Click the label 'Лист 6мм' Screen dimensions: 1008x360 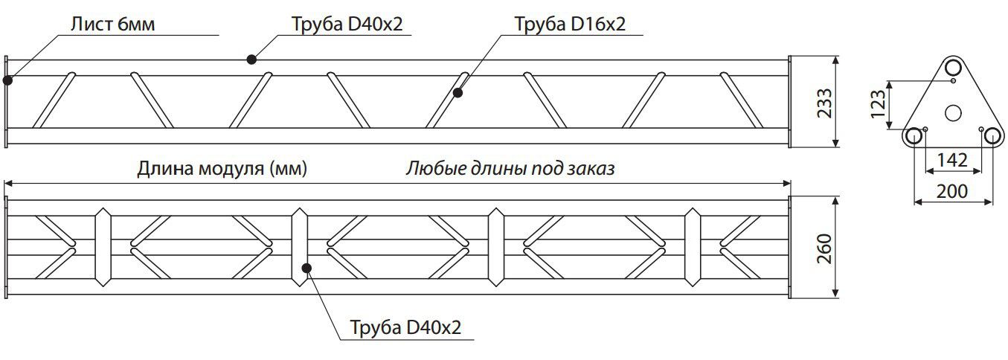(112, 24)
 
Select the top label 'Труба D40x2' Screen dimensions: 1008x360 (347, 24)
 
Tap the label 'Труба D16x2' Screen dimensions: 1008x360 (570, 24)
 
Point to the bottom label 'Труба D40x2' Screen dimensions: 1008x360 (405, 327)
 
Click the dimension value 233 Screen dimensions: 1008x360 (824, 103)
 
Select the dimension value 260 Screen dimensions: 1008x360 (824, 249)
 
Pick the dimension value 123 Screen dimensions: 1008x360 (878, 104)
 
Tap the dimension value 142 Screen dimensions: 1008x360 (951, 160)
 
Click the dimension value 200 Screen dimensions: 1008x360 (952, 191)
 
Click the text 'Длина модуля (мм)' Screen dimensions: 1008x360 (222, 169)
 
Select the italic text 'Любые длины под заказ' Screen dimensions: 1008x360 (510, 169)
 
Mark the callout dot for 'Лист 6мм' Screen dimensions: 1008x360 (7, 80)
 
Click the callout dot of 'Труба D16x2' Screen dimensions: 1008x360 (458, 93)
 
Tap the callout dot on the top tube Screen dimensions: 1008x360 (251, 59)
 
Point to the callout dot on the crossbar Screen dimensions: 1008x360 (307, 269)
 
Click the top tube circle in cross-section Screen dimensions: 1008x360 (953, 68)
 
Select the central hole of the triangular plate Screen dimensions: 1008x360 (953, 113)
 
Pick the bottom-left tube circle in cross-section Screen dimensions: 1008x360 (914, 136)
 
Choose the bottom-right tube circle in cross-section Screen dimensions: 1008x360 (992, 136)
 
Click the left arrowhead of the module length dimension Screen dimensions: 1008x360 (8, 183)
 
